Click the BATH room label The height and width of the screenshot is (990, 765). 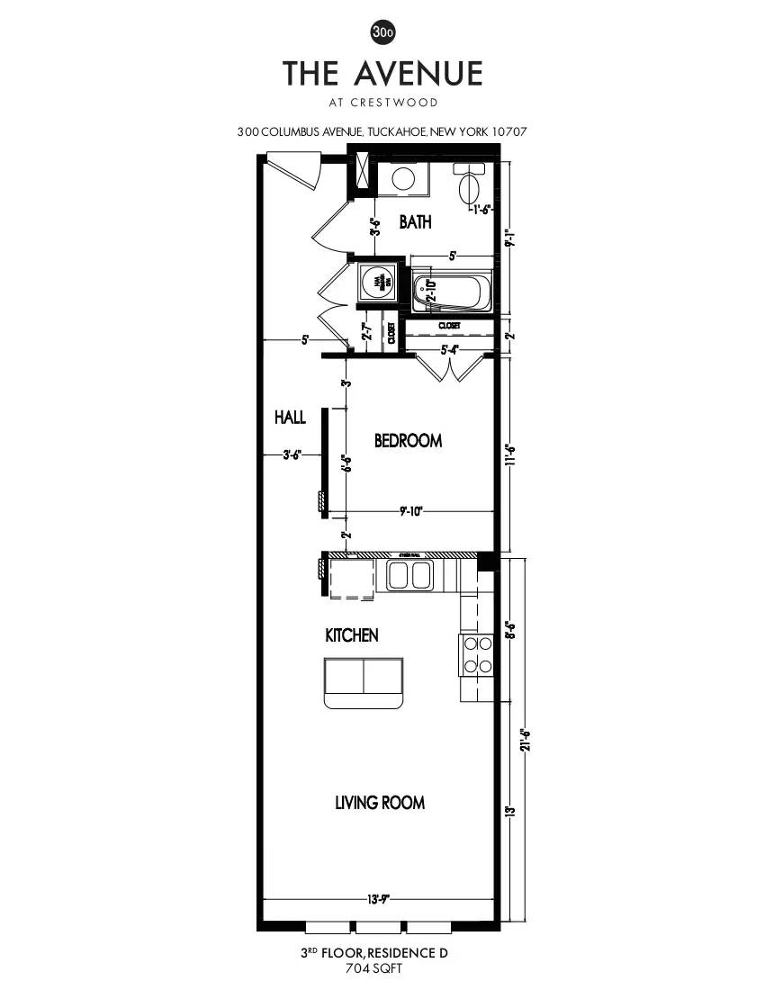[x=415, y=221]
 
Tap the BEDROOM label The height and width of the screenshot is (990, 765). [x=408, y=441]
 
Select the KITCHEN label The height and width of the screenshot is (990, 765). [x=351, y=635]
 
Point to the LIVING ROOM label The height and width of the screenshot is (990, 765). [x=379, y=803]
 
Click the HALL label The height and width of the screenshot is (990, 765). [x=290, y=418]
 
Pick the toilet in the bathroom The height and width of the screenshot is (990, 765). [x=469, y=187]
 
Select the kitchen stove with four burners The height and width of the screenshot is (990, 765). [x=477, y=655]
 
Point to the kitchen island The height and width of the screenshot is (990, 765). [x=364, y=682]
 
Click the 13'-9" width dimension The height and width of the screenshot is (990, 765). [x=379, y=898]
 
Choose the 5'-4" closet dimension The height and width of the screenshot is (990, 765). [x=449, y=350]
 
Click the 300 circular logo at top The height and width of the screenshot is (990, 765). [x=382, y=32]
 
